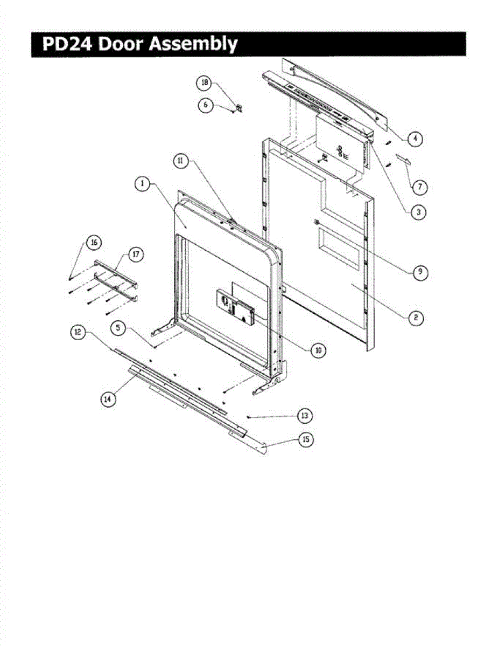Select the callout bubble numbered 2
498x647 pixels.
pos(415,318)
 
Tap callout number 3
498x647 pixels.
pos(417,212)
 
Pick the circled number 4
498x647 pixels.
pos(414,139)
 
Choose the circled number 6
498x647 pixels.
pos(205,105)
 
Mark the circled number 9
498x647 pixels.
pos(419,272)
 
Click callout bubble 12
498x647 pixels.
pos(79,333)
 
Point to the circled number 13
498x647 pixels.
pos(305,416)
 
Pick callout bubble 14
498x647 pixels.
pos(108,398)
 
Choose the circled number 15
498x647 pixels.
pos(306,440)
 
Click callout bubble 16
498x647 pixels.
pos(93,243)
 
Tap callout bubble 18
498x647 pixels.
pos(204,83)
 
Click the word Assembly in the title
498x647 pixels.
pos(193,44)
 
